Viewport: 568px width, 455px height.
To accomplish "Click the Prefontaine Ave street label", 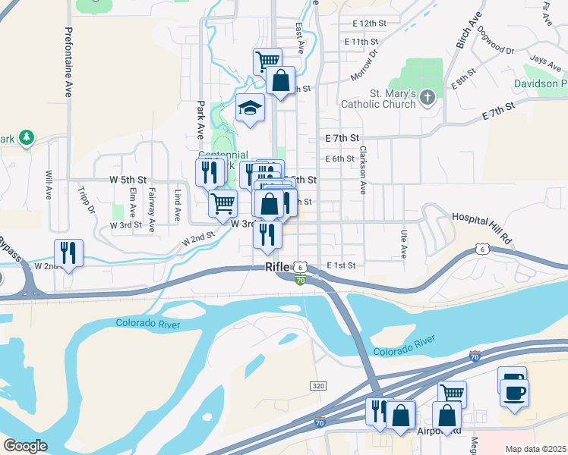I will pyautogui.click(x=68, y=62).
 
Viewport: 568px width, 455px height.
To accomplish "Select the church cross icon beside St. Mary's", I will pyautogui.click(x=428, y=96).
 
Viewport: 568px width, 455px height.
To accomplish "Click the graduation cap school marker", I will pyautogui.click(x=249, y=108).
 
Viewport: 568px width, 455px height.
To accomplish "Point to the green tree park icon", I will pyautogui.click(x=27, y=136).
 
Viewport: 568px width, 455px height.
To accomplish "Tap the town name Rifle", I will pyautogui.click(x=278, y=268).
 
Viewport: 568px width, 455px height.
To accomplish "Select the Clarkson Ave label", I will pyautogui.click(x=363, y=168).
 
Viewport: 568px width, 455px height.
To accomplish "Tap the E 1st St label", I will pyautogui.click(x=340, y=265).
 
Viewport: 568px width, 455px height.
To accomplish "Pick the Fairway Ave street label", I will pyautogui.click(x=152, y=208).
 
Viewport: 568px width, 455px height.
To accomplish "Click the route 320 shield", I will pyautogui.click(x=319, y=386).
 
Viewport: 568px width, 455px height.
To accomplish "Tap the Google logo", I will pyautogui.click(x=25, y=446).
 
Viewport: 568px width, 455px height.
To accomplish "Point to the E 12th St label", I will pyautogui.click(x=364, y=24).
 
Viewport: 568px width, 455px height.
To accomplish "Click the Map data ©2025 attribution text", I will pyautogui.click(x=535, y=448).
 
